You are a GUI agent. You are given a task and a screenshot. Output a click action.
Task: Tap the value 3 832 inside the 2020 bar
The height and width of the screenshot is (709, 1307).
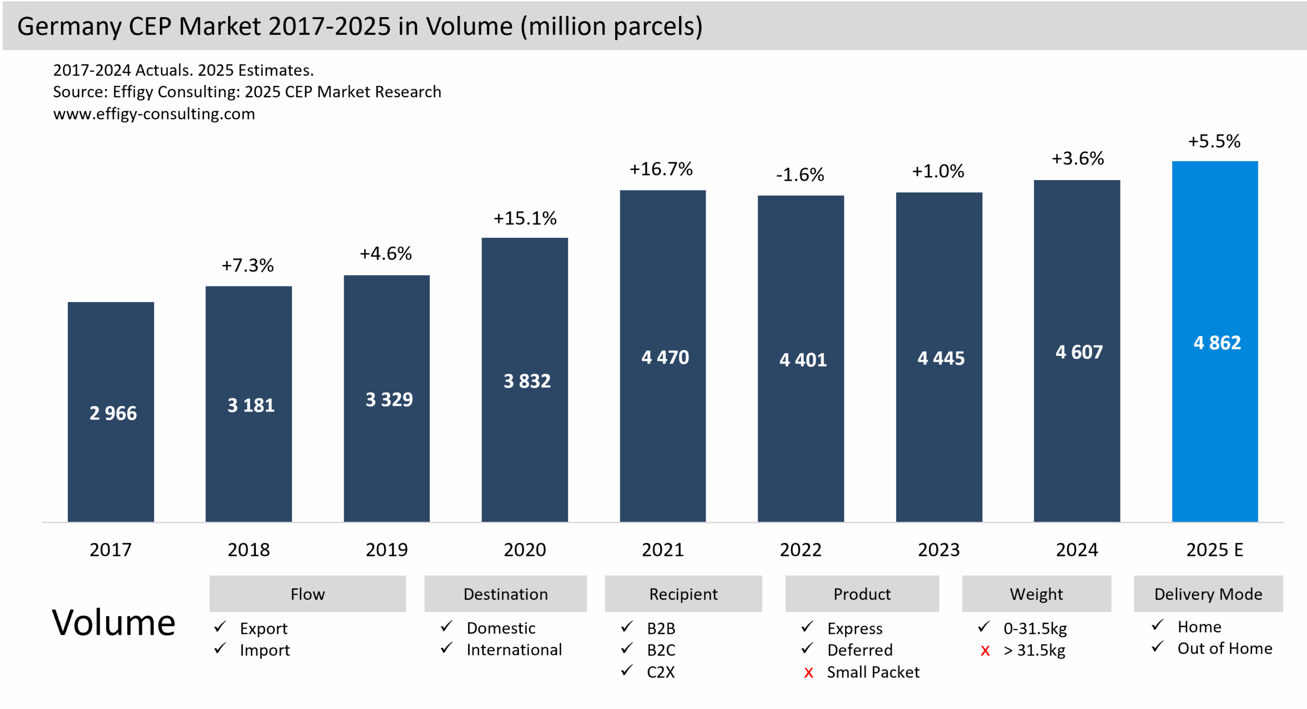(x=527, y=381)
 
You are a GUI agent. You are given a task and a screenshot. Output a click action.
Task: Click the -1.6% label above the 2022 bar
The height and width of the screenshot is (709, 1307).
(x=800, y=175)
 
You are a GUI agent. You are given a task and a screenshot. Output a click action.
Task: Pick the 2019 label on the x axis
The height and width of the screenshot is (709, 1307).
(x=386, y=550)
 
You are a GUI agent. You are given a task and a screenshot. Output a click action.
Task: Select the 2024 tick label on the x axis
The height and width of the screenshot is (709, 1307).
(x=1077, y=550)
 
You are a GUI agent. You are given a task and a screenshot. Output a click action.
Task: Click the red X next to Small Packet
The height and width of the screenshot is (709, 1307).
(x=808, y=673)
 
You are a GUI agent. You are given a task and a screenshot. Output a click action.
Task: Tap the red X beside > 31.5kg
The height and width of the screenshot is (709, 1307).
(x=985, y=651)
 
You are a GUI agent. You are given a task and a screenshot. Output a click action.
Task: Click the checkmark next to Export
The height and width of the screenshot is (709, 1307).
(x=220, y=627)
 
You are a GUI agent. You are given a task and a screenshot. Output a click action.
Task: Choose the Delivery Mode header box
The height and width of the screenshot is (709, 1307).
(x=1208, y=594)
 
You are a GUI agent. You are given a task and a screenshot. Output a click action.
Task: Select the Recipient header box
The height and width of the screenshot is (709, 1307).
(x=683, y=594)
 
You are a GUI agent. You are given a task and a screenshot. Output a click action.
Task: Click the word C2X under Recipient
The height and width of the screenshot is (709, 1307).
(x=661, y=672)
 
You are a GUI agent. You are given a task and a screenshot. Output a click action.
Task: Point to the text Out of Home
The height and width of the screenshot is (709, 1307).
(x=1224, y=649)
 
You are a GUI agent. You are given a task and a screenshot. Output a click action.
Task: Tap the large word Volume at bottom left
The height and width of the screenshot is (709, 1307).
(x=113, y=623)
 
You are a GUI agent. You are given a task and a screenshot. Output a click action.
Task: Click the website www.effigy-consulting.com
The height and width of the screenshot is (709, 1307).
(x=154, y=114)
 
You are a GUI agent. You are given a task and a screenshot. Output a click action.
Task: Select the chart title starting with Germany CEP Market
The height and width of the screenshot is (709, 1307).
(x=360, y=26)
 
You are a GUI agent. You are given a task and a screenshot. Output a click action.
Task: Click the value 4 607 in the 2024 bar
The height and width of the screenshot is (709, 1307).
(x=1079, y=352)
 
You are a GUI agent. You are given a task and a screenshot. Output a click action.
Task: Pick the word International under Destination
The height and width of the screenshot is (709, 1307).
(x=514, y=650)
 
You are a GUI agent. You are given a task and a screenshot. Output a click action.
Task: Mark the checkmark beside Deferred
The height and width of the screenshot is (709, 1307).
(x=807, y=649)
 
